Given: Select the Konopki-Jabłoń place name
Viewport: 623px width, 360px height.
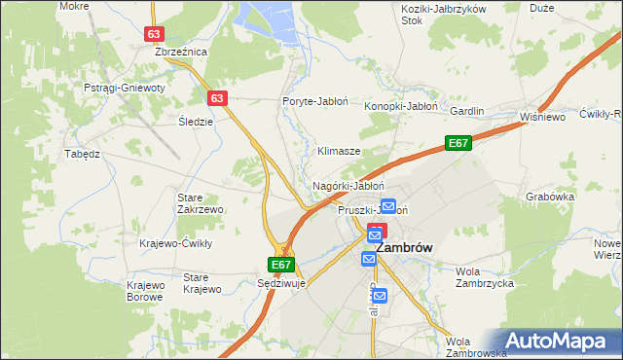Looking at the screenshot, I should click(402, 106).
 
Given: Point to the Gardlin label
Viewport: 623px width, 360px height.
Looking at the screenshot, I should click(466, 111).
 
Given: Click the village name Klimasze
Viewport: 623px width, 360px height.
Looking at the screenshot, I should click(339, 152).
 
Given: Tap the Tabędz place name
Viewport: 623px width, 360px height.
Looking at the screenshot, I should click(82, 154).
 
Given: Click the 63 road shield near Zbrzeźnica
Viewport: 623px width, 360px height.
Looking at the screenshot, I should click(154, 33).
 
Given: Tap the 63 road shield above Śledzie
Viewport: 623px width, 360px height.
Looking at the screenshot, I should click(217, 98).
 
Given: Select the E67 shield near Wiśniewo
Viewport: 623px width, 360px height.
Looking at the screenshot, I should click(458, 144).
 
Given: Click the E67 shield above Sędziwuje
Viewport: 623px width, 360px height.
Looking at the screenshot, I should click(280, 264).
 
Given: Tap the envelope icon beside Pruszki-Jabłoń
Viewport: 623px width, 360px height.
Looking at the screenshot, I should click(388, 206).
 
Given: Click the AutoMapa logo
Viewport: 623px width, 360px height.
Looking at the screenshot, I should click(559, 340).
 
